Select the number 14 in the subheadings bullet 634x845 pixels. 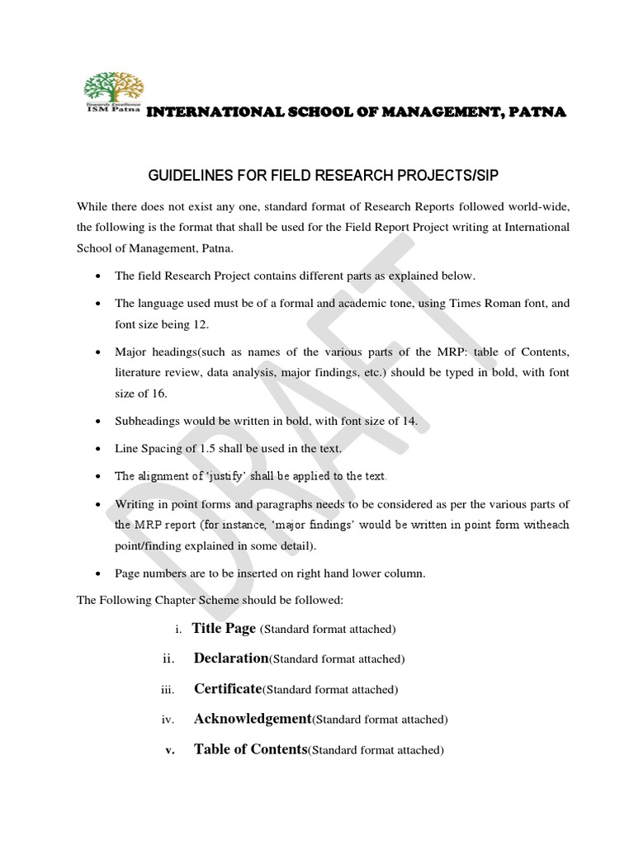click(408, 421)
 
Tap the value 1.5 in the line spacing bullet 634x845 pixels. click(197, 448)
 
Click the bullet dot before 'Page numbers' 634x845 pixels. click(100, 575)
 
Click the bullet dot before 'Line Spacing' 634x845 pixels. click(100, 449)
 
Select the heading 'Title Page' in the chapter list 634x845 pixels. click(224, 628)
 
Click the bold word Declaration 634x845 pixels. click(231, 659)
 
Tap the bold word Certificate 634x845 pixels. click(227, 688)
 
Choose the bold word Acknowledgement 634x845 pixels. click(252, 719)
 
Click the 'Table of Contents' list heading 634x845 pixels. click(249, 749)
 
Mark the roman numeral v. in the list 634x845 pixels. click(169, 750)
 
